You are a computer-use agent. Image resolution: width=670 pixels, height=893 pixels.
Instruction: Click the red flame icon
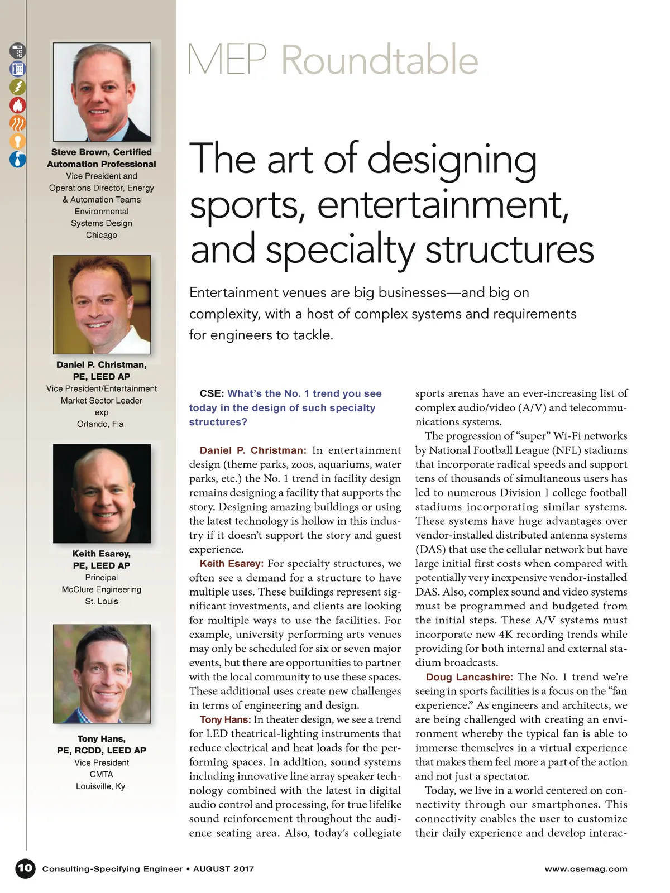18,105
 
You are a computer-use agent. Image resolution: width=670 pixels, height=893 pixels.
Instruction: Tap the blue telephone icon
18,69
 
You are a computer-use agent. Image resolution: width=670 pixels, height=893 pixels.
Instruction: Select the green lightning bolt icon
18,87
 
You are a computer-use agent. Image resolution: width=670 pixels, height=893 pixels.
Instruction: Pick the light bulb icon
18,141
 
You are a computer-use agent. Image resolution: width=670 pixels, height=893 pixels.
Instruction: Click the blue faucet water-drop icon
18,159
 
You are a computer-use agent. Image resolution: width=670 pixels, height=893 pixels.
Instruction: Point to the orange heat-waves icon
18,123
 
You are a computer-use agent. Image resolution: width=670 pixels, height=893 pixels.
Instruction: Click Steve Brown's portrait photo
102,92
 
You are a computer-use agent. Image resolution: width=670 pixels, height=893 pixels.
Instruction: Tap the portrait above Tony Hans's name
102,674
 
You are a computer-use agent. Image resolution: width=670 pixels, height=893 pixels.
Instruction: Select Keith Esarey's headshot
102,493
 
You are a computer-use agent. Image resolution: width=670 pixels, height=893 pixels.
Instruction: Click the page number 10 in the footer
25,868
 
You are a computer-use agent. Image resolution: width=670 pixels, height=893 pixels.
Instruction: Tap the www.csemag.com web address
586,869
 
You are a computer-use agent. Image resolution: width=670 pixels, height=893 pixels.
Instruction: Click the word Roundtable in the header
380,60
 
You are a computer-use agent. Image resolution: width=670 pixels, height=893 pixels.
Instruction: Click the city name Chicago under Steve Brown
102,235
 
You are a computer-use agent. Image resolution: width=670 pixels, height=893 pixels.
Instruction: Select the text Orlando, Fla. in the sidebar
102,424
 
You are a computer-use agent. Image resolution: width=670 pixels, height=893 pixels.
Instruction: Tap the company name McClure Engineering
102,589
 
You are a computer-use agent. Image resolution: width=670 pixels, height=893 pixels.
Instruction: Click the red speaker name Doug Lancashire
469,677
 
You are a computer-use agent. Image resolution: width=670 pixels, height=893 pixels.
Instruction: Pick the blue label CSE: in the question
212,393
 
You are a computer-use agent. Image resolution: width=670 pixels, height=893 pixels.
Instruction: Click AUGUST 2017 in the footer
223,869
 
